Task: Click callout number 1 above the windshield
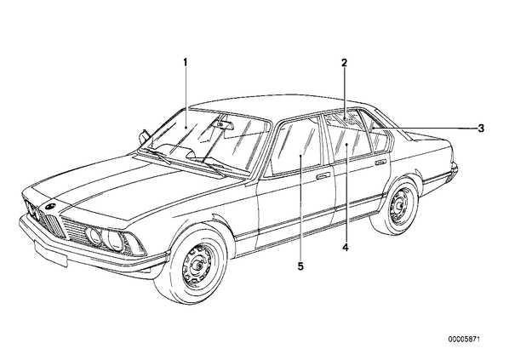click(x=186, y=62)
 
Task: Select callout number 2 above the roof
click(x=344, y=63)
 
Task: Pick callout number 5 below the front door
click(x=300, y=266)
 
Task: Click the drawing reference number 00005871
click(x=464, y=340)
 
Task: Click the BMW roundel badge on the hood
click(x=49, y=205)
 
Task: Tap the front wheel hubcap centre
click(x=197, y=266)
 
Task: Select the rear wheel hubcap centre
click(x=399, y=205)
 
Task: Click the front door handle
click(x=323, y=176)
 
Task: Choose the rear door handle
click(x=380, y=162)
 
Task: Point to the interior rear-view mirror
click(x=223, y=124)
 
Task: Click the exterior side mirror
click(x=143, y=135)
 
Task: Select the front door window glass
click(x=295, y=146)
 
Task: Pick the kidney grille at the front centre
click(x=52, y=222)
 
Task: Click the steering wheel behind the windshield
click(x=180, y=150)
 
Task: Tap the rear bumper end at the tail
click(x=454, y=170)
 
